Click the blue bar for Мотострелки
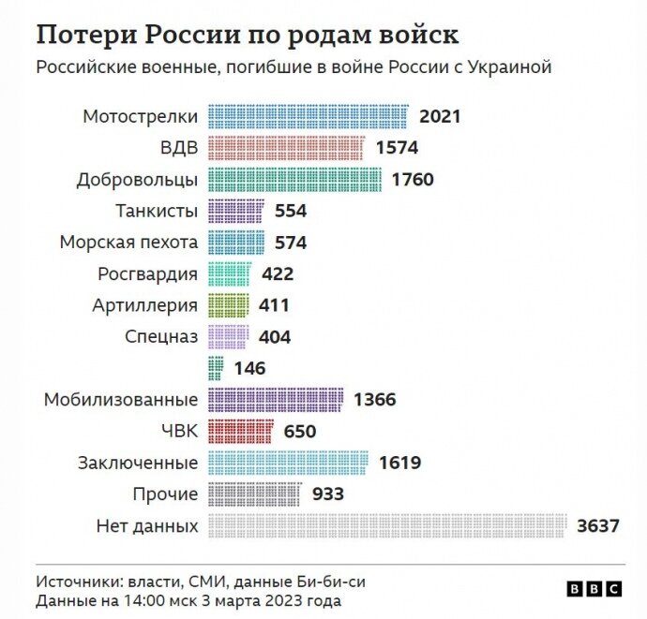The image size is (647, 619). point(308,117)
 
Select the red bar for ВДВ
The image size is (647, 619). point(285,148)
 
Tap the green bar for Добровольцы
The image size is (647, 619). point(293,180)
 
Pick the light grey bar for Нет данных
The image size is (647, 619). point(387,525)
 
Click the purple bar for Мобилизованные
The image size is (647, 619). point(275,400)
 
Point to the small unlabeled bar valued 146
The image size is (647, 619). point(215,368)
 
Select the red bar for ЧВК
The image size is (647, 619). point(239,431)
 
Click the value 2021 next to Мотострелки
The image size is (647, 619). point(441,117)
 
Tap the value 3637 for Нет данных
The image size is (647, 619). point(598,525)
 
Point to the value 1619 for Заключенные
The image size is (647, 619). point(399,463)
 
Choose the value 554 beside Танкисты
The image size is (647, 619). point(291,211)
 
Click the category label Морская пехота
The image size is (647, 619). point(128,243)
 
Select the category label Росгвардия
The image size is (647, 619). point(147,274)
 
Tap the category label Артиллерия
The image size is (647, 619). point(144,305)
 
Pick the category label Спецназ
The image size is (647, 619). point(160,337)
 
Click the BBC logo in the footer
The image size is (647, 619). point(594,588)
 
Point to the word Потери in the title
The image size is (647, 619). point(84,36)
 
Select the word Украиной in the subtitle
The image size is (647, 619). point(509,67)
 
